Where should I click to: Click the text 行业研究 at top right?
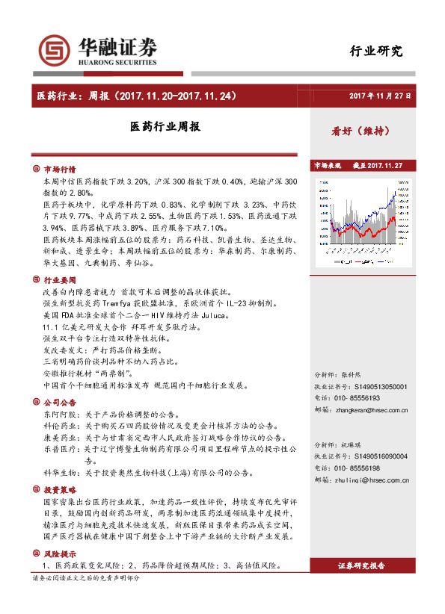coord(376,52)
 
